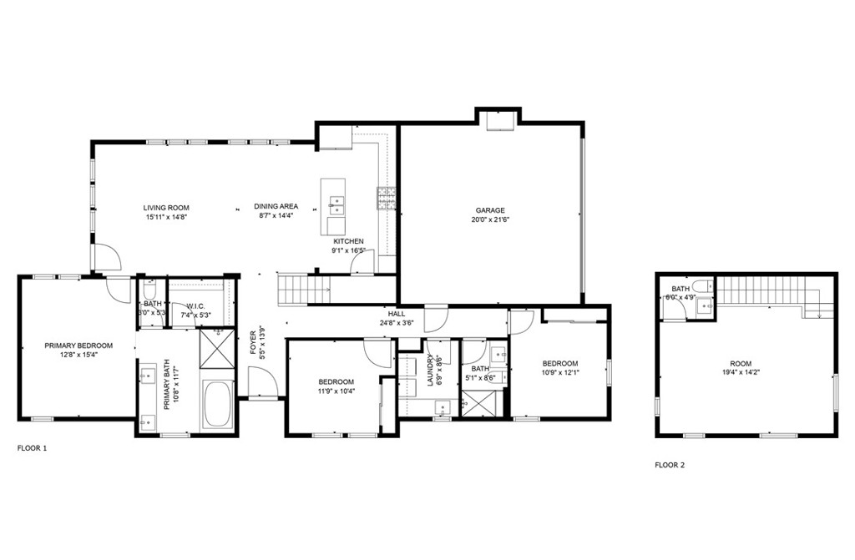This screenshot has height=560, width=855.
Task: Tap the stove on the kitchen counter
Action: coord(387,197)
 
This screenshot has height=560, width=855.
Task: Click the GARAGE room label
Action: coord(490,210)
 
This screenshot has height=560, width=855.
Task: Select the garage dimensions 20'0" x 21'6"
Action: coord(490,220)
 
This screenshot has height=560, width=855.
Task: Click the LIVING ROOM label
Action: coord(166,208)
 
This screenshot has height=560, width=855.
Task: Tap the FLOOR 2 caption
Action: coord(670,465)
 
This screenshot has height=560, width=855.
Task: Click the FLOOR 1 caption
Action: coord(33,448)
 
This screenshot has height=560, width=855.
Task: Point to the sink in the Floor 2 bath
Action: coord(706,306)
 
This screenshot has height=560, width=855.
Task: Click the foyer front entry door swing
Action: coord(262,384)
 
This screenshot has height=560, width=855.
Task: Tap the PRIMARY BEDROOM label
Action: coord(78,346)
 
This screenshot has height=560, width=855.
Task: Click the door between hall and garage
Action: coord(436,318)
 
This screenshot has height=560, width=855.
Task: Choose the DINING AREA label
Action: coord(276,206)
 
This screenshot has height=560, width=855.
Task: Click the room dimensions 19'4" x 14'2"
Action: coord(741,373)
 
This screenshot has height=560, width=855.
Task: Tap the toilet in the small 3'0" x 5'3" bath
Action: coord(150,289)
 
